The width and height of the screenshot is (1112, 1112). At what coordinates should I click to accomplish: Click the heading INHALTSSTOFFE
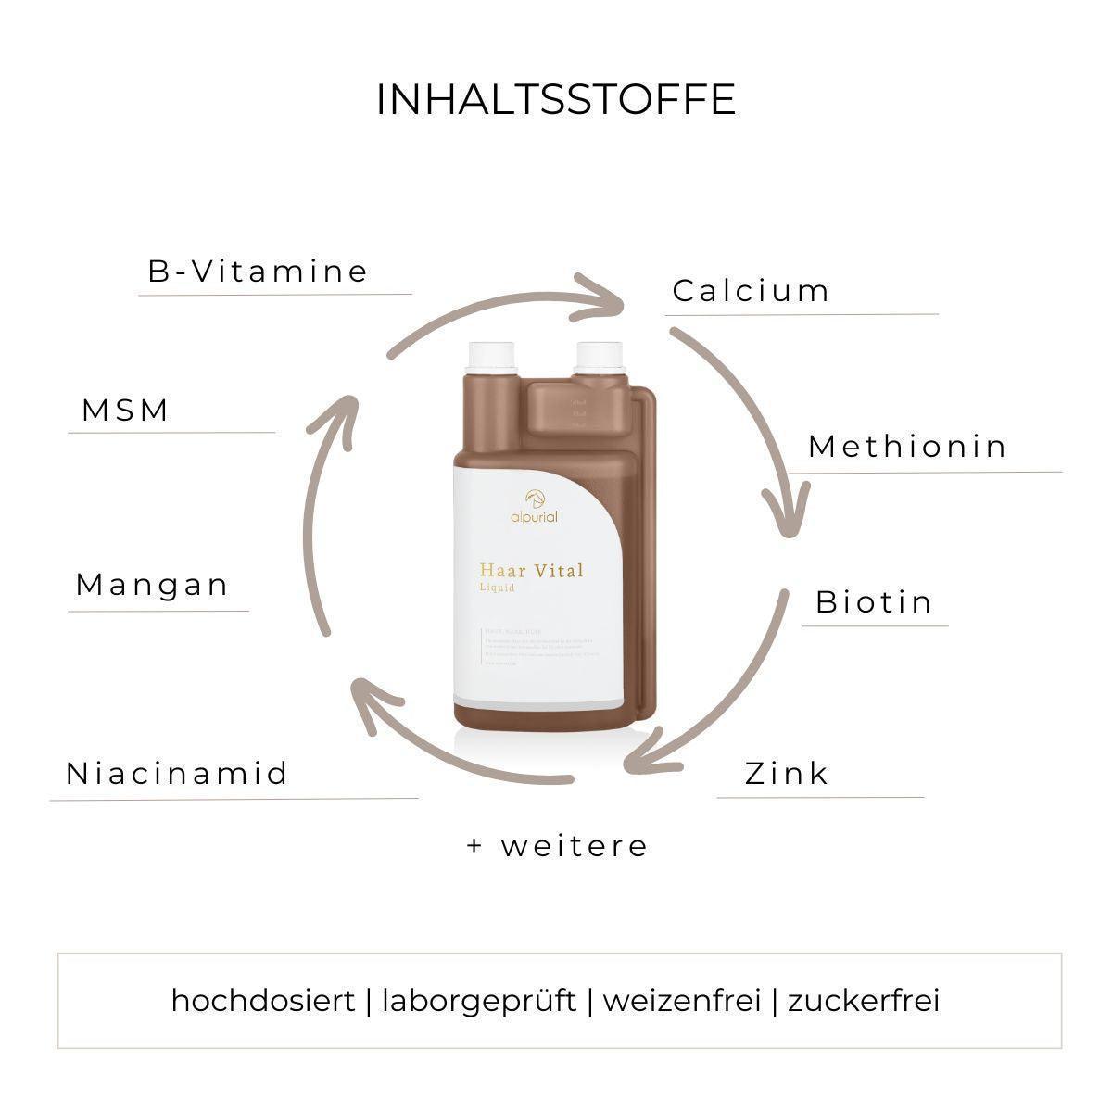coord(556,100)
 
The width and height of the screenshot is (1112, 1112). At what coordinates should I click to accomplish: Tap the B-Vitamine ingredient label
coord(259,272)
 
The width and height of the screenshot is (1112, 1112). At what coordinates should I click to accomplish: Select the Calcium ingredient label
coord(752,291)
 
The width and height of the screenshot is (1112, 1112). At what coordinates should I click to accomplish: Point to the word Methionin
coord(907,447)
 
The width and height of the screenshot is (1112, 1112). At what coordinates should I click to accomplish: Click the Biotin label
coord(874,602)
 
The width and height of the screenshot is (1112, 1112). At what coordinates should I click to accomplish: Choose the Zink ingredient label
coord(787,773)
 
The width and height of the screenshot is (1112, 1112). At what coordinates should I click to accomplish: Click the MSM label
coord(126,411)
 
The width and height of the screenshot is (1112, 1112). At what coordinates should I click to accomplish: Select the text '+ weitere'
coord(557,846)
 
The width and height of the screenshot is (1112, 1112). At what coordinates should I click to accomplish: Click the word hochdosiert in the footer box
coord(263,1001)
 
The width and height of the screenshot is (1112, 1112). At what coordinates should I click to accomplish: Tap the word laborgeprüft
coord(479,1001)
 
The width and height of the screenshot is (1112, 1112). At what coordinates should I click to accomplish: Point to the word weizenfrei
coord(682,1001)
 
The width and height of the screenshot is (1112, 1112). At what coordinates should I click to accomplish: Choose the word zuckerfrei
coord(864,1001)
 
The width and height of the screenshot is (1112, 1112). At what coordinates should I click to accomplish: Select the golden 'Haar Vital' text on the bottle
coord(532,570)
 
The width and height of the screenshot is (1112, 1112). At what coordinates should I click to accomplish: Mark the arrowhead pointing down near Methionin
coord(787,515)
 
